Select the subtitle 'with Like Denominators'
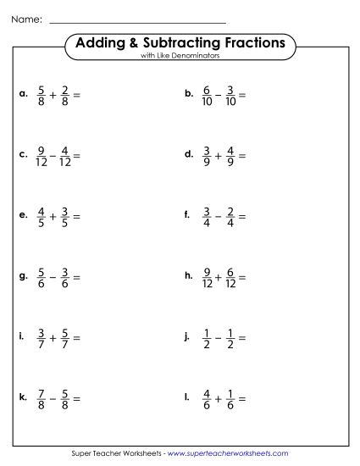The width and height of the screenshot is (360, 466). point(180,56)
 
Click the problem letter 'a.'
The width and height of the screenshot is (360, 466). point(23,95)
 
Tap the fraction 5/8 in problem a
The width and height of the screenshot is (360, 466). point(40,95)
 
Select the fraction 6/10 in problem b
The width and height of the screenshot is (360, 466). point(205,95)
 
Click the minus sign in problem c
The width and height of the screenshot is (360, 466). point(55,156)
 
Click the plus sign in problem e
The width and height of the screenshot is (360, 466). point(52,217)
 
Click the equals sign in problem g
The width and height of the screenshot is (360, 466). point(75,277)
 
